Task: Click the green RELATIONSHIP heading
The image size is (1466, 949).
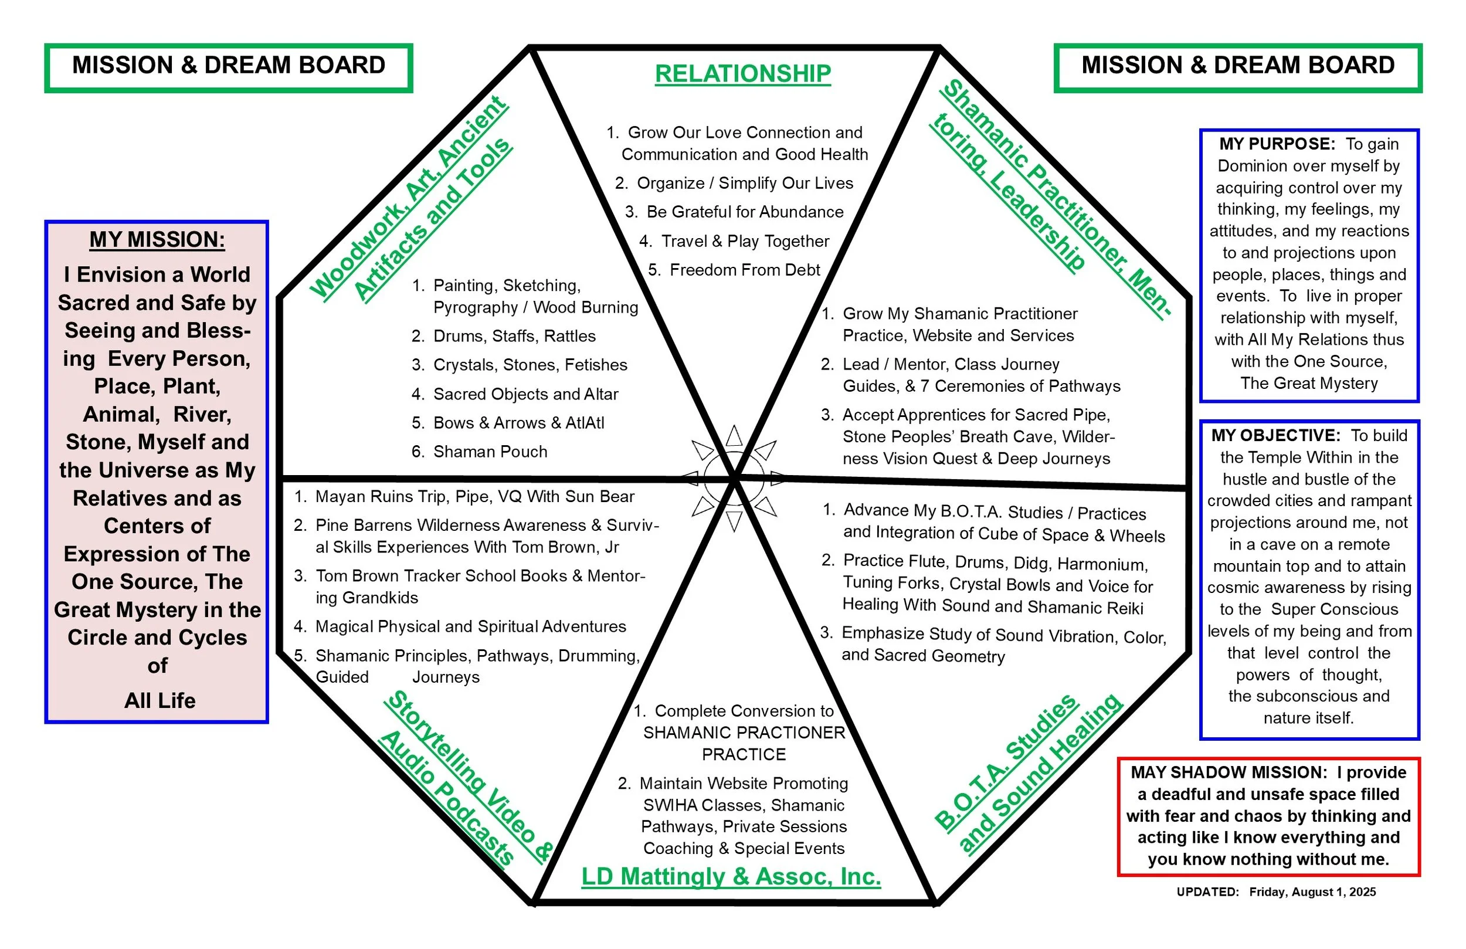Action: point(743,74)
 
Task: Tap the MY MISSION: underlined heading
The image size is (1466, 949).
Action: point(157,239)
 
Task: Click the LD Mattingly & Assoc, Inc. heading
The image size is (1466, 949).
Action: point(731,876)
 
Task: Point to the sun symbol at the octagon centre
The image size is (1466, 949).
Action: point(734,477)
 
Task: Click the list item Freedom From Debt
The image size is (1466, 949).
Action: point(745,270)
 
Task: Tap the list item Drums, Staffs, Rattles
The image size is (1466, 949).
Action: point(514,336)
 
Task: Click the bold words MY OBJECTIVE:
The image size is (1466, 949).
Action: point(1275,436)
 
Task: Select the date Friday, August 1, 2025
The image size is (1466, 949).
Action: point(1312,892)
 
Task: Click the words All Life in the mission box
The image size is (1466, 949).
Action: point(160,701)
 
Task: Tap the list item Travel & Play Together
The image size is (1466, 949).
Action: point(745,241)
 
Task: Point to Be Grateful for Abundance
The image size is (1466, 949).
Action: point(745,212)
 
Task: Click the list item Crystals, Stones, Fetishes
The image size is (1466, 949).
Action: point(530,365)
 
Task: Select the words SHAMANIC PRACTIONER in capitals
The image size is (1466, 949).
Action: point(744,733)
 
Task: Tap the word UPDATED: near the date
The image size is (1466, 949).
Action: point(1207,892)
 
